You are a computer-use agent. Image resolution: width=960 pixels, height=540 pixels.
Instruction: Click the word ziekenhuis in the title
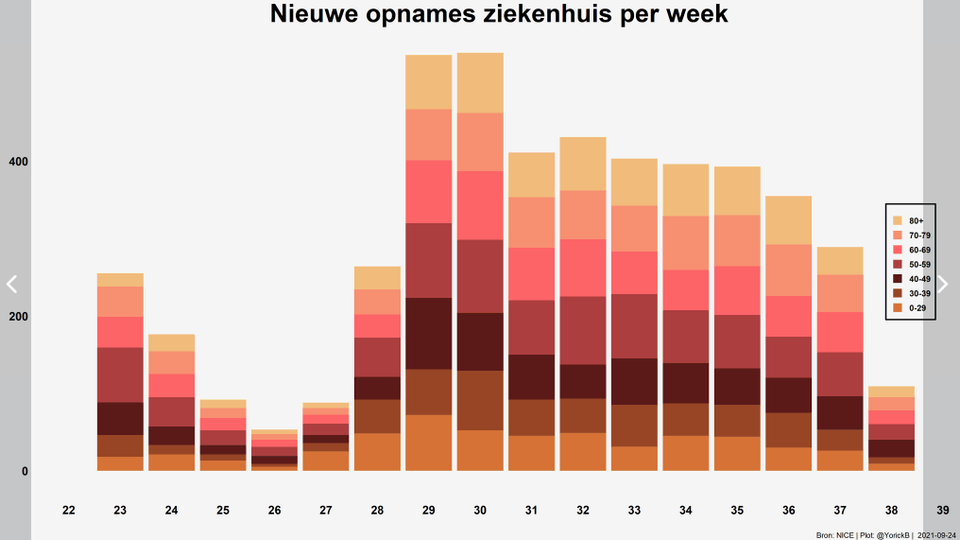point(548,13)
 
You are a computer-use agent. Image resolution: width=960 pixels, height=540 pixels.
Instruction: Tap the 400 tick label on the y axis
point(18,162)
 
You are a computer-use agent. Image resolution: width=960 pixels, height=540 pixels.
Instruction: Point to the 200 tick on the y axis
point(18,317)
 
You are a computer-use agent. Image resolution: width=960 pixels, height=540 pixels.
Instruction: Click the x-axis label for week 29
point(429,510)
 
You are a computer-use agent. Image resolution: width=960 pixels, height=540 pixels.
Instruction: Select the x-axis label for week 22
point(69,510)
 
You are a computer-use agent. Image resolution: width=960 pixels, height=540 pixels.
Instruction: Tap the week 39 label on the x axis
point(943,510)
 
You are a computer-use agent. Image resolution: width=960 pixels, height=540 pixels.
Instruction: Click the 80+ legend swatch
point(898,220)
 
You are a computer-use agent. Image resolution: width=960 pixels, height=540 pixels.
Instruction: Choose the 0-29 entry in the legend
point(909,308)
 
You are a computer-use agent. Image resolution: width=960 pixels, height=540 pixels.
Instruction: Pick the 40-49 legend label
point(919,279)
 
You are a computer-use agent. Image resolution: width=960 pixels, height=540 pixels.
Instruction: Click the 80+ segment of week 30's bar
point(480,82)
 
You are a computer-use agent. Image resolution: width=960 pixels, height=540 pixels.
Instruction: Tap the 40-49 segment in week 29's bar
point(429,334)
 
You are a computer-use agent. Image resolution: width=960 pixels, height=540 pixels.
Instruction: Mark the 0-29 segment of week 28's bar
point(377,452)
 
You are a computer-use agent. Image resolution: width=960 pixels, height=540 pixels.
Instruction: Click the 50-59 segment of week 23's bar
point(120,375)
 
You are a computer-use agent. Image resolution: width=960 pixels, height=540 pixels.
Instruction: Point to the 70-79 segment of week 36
point(789,270)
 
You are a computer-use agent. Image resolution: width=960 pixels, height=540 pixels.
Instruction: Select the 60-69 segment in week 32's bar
point(583,268)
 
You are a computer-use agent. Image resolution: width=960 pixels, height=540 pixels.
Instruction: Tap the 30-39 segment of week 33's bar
point(634,426)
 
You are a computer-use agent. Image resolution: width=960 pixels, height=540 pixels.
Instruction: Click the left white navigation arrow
point(11,284)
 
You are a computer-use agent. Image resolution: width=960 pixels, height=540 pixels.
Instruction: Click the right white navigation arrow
point(943,284)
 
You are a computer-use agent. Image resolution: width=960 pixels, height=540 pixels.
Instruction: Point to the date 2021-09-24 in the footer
point(936,535)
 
